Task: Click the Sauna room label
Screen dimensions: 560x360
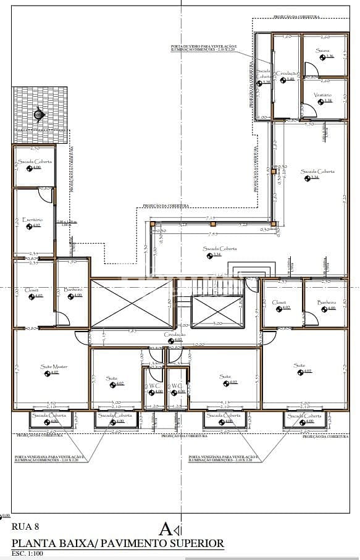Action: (321, 51)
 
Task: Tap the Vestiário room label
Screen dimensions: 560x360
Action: (322, 94)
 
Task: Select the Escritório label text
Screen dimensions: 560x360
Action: (32, 220)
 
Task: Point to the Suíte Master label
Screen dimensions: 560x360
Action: (54, 366)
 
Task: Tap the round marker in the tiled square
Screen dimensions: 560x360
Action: (39, 114)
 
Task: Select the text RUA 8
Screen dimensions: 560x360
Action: (26, 527)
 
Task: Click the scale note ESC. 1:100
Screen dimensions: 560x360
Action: (30, 554)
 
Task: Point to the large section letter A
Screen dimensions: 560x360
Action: (165, 529)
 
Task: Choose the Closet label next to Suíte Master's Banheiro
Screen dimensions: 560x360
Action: (32, 290)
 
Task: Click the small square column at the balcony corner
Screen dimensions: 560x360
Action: (272, 224)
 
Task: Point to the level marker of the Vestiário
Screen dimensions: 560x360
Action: (326, 101)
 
